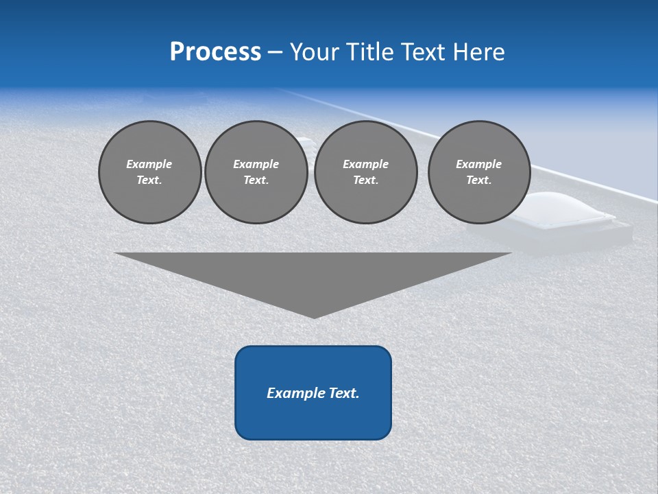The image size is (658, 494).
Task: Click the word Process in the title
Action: (x=215, y=52)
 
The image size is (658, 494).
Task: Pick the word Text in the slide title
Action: (x=424, y=52)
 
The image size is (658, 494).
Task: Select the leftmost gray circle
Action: (x=149, y=172)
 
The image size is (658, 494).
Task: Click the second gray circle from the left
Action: (x=256, y=172)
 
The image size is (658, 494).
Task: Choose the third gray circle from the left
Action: (x=365, y=172)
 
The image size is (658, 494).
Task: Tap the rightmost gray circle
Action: (x=478, y=172)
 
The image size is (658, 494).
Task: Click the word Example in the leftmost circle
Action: (x=149, y=164)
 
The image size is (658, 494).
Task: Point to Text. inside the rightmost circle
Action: (x=478, y=180)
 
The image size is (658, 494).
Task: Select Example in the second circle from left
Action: (x=256, y=164)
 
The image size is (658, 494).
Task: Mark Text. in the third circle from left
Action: (x=365, y=180)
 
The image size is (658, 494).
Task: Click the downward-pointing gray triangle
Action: (x=313, y=274)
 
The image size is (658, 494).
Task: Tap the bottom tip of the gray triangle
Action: (x=314, y=316)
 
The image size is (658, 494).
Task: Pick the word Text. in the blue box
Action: (x=344, y=393)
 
